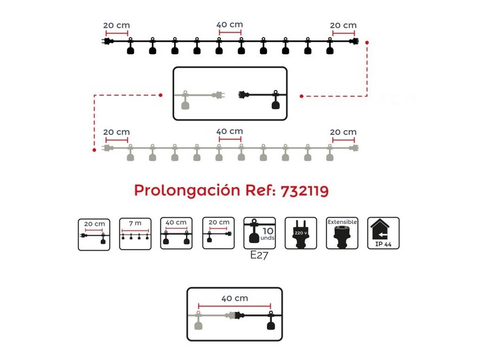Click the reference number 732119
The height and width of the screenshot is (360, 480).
pyautogui.click(x=305, y=191)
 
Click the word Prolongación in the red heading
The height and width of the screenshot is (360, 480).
pyautogui.click(x=187, y=191)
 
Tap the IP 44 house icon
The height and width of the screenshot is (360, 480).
pyautogui.click(x=383, y=233)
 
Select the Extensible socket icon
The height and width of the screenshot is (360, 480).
pyautogui.click(x=342, y=233)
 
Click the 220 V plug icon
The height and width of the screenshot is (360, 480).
pyautogui.click(x=301, y=233)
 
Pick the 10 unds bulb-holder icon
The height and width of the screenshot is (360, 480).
pyautogui.click(x=260, y=233)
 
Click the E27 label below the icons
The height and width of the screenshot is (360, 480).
pyautogui.click(x=259, y=255)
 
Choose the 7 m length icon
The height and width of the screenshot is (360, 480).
pyautogui.click(x=135, y=234)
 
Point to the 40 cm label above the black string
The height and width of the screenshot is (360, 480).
pyautogui.click(x=230, y=25)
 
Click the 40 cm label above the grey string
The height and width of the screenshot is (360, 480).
pyautogui.click(x=230, y=131)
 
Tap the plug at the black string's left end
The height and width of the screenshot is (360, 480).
pyautogui.click(x=107, y=41)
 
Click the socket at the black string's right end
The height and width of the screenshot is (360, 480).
pyautogui.click(x=354, y=41)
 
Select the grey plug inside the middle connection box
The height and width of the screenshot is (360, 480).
pyautogui.click(x=218, y=95)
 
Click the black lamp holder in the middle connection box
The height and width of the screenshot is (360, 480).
pyautogui.click(x=276, y=100)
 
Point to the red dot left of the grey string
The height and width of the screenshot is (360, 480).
pyautogui.click(x=94, y=150)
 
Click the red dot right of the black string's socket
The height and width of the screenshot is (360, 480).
pyautogui.click(x=367, y=43)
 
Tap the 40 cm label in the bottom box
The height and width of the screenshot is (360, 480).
pyautogui.click(x=235, y=298)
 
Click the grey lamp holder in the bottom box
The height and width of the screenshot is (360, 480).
pyautogui.click(x=199, y=321)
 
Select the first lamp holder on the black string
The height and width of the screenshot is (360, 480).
pyautogui.click(x=130, y=46)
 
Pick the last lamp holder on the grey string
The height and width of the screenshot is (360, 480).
pyautogui.click(x=329, y=153)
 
